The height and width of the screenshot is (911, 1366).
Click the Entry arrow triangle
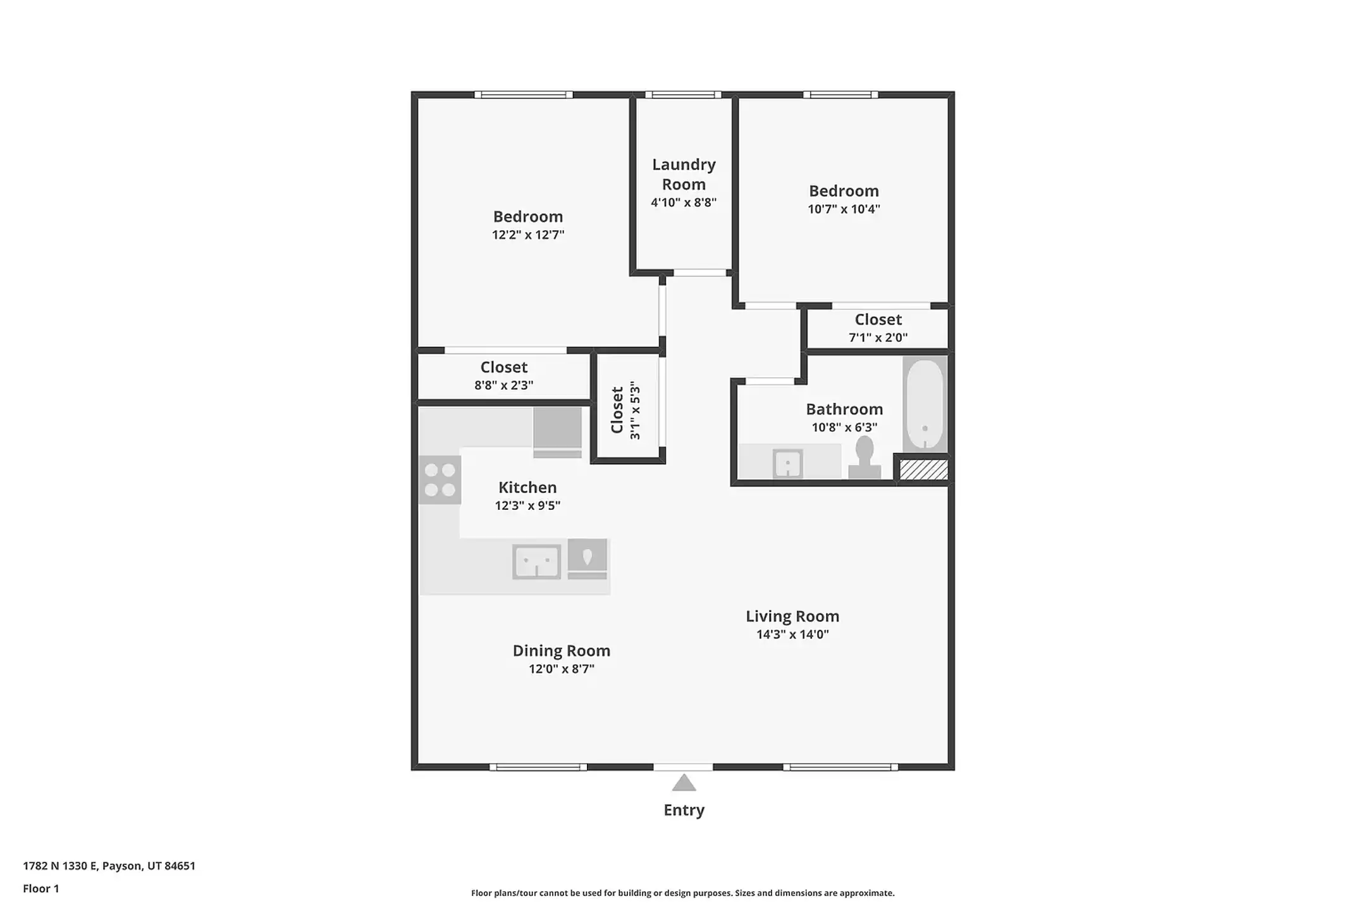(684, 783)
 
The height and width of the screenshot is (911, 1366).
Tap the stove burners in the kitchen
(440, 480)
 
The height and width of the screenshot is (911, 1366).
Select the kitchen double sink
(536, 562)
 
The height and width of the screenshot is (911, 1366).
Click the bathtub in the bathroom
(925, 404)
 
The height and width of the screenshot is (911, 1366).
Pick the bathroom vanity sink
(788, 464)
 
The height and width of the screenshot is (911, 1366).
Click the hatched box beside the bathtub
(923, 469)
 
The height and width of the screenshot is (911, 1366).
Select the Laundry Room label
(684, 174)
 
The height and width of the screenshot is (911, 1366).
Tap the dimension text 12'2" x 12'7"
(528, 235)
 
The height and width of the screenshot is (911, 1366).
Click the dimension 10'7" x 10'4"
(844, 209)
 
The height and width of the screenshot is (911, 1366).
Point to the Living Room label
(792, 616)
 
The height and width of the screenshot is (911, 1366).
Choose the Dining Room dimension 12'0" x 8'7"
(562, 669)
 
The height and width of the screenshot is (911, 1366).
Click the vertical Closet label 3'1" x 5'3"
(625, 410)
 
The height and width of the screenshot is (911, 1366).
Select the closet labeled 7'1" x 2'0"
(878, 328)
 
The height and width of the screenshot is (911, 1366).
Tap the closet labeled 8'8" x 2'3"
(504, 376)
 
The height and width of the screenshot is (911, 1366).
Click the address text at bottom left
(109, 865)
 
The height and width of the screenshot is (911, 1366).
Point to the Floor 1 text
(41, 888)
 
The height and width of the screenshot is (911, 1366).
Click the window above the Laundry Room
(683, 95)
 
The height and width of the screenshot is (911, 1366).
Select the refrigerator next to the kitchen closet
(557, 431)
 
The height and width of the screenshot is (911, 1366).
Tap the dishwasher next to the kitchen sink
(588, 559)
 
